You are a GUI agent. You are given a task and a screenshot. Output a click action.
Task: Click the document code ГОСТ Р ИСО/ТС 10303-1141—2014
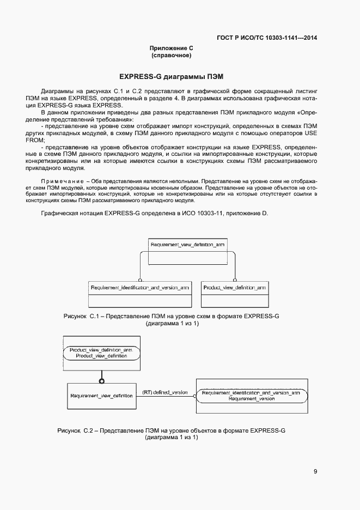[x=267, y=38]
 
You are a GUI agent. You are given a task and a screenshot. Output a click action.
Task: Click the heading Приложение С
[x=172, y=48]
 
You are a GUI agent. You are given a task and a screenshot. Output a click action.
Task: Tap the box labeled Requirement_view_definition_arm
[x=187, y=252]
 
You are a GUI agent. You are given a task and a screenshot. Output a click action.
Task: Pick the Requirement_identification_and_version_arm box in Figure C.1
[x=140, y=295]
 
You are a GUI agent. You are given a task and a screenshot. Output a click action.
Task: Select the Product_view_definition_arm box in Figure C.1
[x=235, y=295]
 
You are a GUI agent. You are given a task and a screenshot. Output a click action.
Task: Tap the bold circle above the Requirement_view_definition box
[x=101, y=380]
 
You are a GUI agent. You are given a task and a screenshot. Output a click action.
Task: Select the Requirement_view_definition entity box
[x=101, y=396]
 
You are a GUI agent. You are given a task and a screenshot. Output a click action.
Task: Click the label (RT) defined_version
[x=165, y=392]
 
